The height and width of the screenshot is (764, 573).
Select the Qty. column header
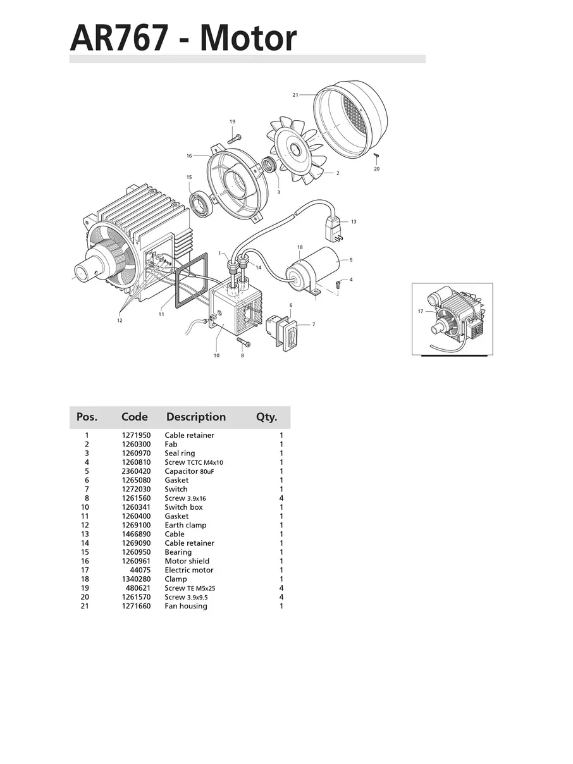[267, 417]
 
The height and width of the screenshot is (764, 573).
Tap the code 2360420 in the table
[136, 471]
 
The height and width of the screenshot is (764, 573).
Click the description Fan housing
[185, 606]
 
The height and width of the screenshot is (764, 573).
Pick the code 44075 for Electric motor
[140, 570]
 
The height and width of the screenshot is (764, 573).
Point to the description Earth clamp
[185, 525]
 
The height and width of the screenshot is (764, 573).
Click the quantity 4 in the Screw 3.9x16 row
[281, 498]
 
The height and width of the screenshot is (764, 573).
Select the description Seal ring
[180, 453]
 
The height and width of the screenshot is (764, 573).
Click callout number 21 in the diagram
[295, 95]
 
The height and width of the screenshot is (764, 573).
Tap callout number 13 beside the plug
[354, 222]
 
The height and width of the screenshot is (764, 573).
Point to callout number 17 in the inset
[421, 311]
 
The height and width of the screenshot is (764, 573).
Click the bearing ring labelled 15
[202, 204]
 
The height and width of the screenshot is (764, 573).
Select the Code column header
[135, 417]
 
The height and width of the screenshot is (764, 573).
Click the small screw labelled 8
[243, 342]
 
